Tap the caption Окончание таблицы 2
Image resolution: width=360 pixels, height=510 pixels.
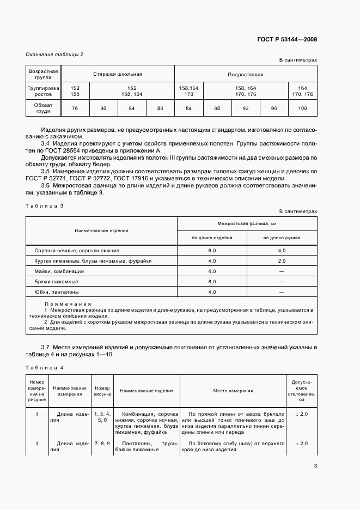(54, 54)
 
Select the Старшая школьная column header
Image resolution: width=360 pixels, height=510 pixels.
(117, 74)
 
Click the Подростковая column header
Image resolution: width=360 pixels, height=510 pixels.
(245, 74)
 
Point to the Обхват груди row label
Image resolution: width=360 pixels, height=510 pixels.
(42, 108)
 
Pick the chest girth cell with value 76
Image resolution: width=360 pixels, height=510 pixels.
(75, 108)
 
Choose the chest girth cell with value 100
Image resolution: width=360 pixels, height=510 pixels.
(302, 108)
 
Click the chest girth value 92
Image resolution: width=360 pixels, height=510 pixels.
(246, 108)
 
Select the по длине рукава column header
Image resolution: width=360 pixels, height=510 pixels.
(282, 238)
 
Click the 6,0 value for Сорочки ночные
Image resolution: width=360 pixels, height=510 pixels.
(212, 251)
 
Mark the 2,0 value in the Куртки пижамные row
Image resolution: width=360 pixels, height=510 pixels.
(282, 261)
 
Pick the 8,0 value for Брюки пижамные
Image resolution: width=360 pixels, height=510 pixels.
(212, 282)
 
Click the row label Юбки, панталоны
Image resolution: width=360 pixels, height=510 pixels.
(52, 292)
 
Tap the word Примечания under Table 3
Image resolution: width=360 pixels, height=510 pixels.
(68, 304)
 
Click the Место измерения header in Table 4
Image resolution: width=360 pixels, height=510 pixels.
(235, 391)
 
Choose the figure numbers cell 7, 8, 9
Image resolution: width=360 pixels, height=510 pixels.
(102, 444)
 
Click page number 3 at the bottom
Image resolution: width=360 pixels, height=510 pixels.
(315, 465)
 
